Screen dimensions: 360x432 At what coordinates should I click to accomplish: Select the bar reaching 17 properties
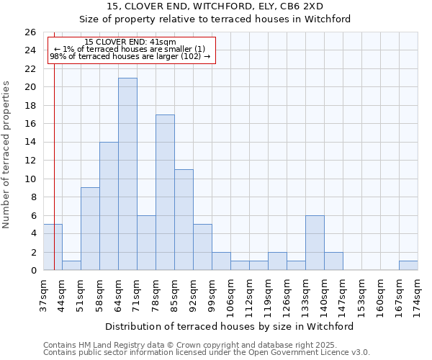coord(165,192)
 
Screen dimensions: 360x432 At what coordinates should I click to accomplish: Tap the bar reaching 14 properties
coord(109,206)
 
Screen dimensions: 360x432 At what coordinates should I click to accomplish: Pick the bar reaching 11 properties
coord(184,220)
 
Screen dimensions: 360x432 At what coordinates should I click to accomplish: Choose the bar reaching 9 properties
coord(90,229)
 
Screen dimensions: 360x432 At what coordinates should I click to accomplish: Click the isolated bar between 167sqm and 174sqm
coord(408,266)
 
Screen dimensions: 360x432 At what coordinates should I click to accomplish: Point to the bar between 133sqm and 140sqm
coord(315,243)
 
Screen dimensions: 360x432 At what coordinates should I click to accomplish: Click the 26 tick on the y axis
coord(30,32)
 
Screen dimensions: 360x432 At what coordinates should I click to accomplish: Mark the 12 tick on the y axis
coord(30,161)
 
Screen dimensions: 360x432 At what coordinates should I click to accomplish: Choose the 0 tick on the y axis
coord(32,271)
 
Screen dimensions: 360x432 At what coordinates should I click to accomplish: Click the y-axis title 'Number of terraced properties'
coord(7,155)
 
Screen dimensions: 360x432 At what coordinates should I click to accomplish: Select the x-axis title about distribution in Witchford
coord(229,327)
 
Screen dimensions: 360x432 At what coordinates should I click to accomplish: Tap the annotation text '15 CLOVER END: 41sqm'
coord(130,42)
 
